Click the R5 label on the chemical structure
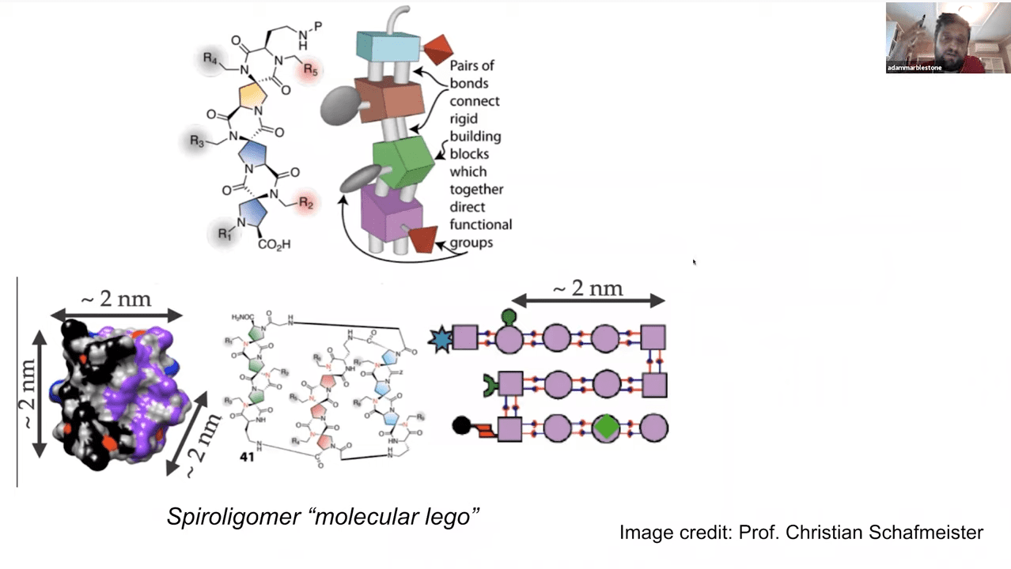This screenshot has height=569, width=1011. coord(310,71)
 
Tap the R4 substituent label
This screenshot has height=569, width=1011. coord(210,58)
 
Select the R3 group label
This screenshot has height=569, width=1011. coord(198,141)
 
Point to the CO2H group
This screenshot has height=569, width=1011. coord(274,244)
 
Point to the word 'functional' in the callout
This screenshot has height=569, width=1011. coord(481,224)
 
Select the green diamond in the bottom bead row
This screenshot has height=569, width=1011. coord(606,428)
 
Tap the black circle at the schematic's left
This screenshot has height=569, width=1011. coord(461,427)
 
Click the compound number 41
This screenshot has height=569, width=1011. coord(247,456)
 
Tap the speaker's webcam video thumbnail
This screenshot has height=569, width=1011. coord(935,37)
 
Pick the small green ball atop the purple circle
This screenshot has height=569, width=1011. coord(509,317)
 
